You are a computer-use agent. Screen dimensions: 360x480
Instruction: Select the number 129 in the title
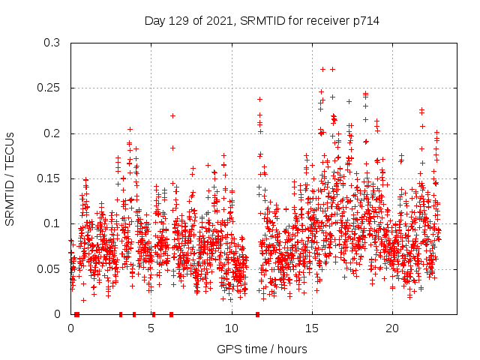pos(176,21)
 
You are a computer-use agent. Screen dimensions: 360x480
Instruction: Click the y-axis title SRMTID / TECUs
pos(10,178)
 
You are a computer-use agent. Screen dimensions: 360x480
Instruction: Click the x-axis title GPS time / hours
pos(262,349)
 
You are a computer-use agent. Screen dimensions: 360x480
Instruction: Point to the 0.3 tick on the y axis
pos(52,43)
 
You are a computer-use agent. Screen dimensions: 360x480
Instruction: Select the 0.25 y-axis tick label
pos(49,88)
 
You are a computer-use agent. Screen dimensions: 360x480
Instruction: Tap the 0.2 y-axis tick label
pos(52,133)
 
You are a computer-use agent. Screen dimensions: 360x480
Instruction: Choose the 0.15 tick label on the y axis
pos(49,178)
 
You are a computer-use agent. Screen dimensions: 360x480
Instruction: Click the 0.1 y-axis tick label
pos(52,223)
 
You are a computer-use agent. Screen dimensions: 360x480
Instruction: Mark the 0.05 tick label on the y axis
pos(49,269)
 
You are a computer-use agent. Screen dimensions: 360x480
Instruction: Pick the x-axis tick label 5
pos(151,328)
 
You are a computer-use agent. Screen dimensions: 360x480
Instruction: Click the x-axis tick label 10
pos(232,328)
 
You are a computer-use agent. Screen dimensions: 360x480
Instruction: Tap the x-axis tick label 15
pos(312,328)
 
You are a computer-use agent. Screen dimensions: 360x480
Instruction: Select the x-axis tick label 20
pos(392,328)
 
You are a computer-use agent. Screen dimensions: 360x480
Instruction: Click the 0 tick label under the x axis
pos(71,328)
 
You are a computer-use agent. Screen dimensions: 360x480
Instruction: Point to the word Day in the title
pos(154,21)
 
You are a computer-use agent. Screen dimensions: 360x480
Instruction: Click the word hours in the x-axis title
pos(291,349)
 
